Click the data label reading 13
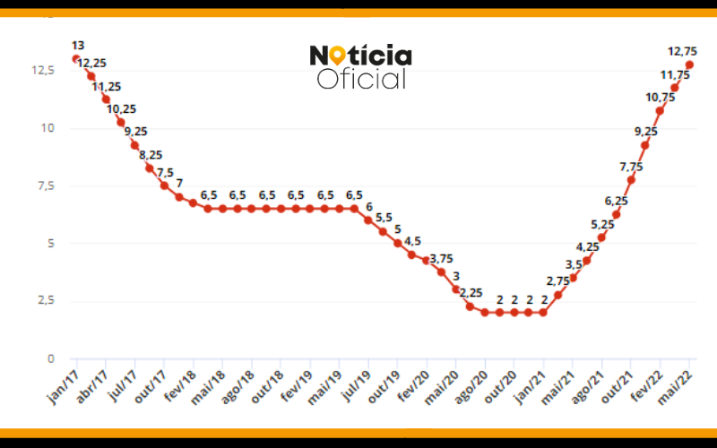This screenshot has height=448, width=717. coord(77,45)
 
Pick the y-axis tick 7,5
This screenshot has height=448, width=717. coord(45,185)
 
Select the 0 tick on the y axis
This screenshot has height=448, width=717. coord(51,358)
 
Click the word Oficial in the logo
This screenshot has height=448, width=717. coord(362,79)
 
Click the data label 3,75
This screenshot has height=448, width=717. coord(441,259)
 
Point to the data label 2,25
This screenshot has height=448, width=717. coord(470,292)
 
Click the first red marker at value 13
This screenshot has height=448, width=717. coord(76,58)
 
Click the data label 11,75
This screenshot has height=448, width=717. coord(675,75)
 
